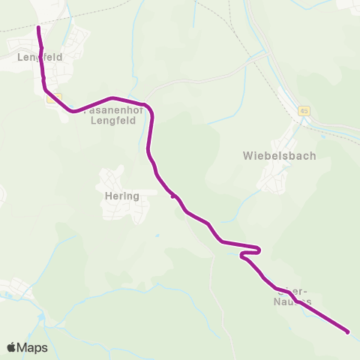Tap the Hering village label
[x=122, y=196]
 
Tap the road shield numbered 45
[x=303, y=111]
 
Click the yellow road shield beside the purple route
[x=51, y=98]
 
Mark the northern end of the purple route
[x=39, y=28]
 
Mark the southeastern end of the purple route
[x=348, y=331]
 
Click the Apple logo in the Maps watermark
[x=11, y=347]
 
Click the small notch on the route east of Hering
[x=174, y=196]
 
